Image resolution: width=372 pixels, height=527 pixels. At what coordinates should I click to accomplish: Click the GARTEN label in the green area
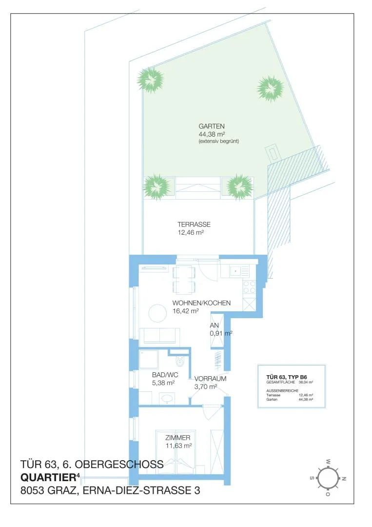coord(212,126)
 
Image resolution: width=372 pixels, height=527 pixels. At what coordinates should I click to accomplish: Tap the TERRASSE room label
coord(194,224)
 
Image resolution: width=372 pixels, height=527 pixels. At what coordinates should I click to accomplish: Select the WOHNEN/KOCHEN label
coord(201,303)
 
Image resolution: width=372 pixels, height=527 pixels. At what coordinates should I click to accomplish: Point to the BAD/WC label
coord(165,375)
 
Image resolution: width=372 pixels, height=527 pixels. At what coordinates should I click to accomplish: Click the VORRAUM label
coord(210,379)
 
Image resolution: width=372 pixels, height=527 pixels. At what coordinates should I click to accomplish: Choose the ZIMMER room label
coord(177,438)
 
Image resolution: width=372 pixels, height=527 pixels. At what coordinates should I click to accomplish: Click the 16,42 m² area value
coord(186,311)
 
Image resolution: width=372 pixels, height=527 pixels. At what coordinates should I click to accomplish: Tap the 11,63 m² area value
coord(178,446)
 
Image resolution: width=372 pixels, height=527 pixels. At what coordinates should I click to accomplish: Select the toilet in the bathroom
coord(180,361)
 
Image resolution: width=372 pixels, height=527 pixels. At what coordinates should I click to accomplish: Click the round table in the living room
coord(157,313)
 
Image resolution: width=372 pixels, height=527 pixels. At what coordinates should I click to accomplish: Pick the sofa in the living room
coord(159,336)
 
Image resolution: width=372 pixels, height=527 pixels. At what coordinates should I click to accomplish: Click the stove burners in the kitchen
coord(249,288)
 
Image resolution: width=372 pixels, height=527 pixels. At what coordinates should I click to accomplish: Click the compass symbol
coord(327,478)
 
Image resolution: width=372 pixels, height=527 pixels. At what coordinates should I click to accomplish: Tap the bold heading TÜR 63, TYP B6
coord(286,377)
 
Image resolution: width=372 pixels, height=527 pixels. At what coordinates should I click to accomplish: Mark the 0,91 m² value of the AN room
coord(221,333)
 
